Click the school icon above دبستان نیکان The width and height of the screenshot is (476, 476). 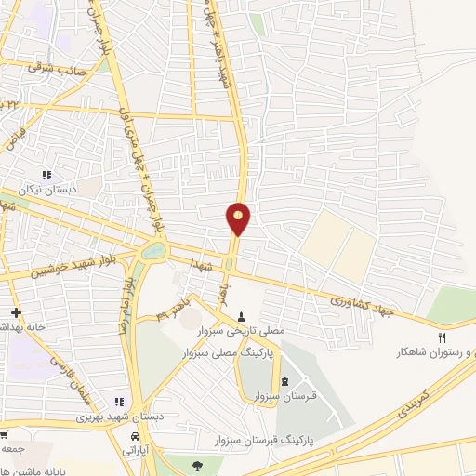pyautogui.click(x=46, y=174)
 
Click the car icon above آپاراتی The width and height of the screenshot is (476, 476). pyautogui.click(x=136, y=436)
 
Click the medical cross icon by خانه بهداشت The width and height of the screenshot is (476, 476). pyautogui.click(x=15, y=312)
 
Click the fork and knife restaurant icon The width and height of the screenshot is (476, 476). pyautogui.click(x=443, y=338)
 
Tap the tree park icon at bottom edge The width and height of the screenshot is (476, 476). pyautogui.click(x=194, y=465)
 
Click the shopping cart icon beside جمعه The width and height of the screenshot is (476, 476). pyautogui.click(x=4, y=435)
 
